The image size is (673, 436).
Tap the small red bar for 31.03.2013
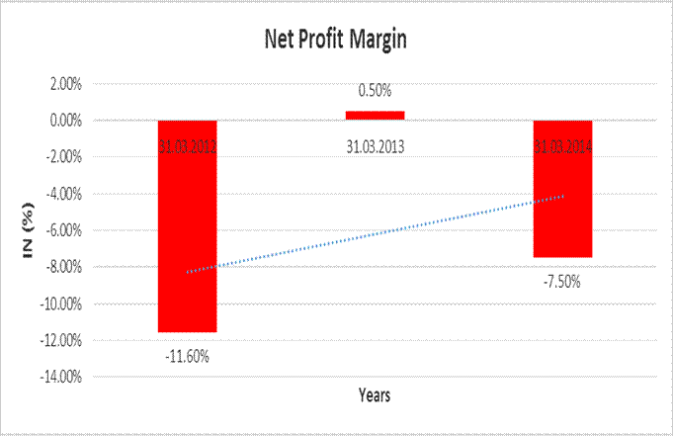pyautogui.click(x=375, y=116)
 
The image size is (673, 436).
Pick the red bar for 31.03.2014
pyautogui.click(x=563, y=198)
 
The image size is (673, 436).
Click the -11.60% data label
pyautogui.click(x=187, y=355)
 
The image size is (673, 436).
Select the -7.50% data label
pyautogui.click(x=563, y=281)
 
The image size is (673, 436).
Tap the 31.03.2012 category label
pyautogui.click(x=187, y=147)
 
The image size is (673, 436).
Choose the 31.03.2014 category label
pyautogui.click(x=563, y=147)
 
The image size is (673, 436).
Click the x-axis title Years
pyautogui.click(x=375, y=395)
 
